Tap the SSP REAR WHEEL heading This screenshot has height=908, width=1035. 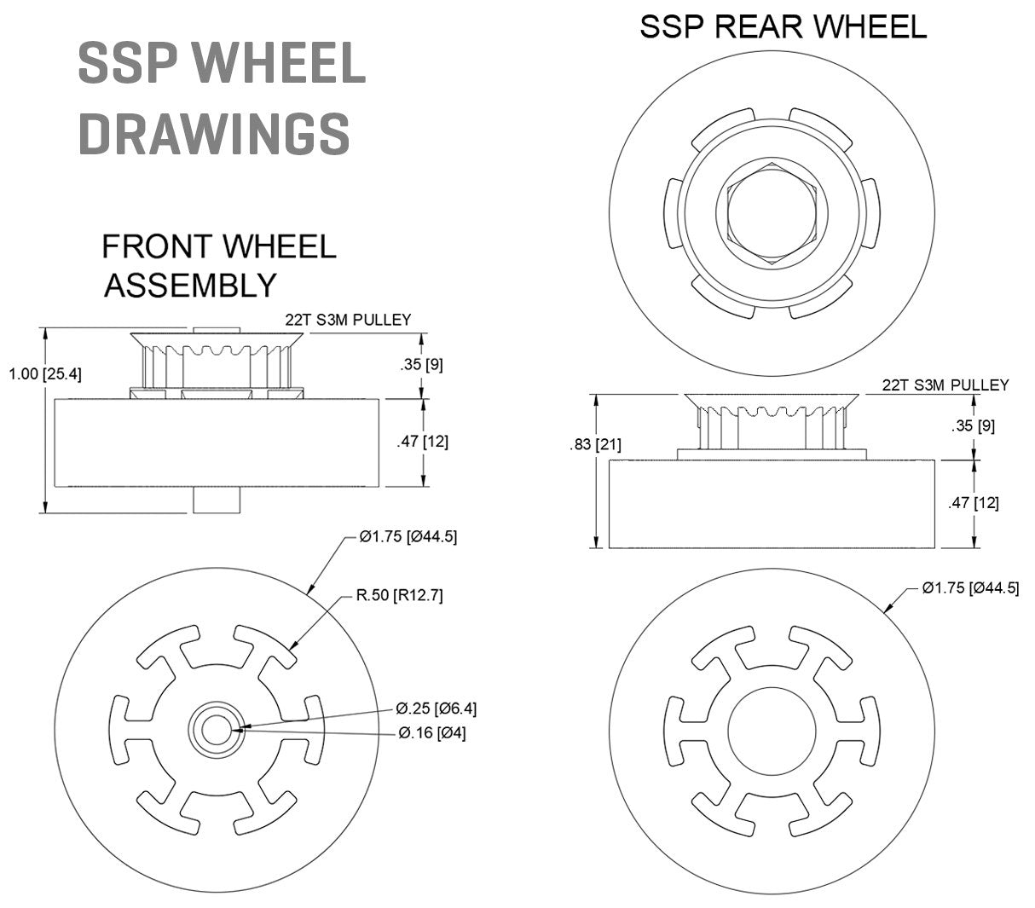(x=783, y=26)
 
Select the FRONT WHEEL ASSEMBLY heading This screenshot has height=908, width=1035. (x=218, y=265)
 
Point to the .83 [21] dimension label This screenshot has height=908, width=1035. (x=596, y=443)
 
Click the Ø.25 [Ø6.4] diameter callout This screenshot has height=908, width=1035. (x=435, y=708)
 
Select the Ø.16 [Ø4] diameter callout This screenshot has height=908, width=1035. (x=431, y=732)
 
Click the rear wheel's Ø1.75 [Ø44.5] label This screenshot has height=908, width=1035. (x=970, y=587)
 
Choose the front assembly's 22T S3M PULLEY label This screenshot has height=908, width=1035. (x=348, y=320)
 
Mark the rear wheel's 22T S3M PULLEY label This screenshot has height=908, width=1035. (x=945, y=385)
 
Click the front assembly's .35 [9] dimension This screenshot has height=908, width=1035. (x=421, y=364)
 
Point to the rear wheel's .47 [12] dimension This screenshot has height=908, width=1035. (x=973, y=502)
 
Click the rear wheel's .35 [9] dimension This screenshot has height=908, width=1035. (x=973, y=424)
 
